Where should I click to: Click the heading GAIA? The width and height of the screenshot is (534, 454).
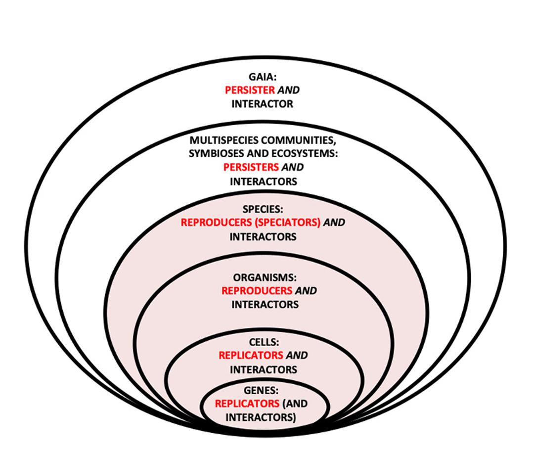(263, 77)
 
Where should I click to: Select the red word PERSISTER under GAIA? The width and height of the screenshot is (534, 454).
(249, 91)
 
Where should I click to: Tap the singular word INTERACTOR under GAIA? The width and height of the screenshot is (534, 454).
(262, 104)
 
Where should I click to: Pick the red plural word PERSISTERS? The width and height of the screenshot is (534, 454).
(251, 167)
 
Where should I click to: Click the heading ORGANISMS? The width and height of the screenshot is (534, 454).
(265, 277)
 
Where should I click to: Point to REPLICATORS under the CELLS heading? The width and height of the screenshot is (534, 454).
(251, 355)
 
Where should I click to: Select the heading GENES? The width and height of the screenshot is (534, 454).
(261, 390)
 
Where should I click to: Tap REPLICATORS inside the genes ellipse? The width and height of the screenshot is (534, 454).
(247, 404)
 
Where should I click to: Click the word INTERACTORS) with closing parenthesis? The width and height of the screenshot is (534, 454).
(261, 417)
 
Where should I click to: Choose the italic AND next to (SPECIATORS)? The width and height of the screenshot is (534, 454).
(334, 223)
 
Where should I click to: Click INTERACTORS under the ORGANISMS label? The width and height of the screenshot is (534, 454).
(265, 305)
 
